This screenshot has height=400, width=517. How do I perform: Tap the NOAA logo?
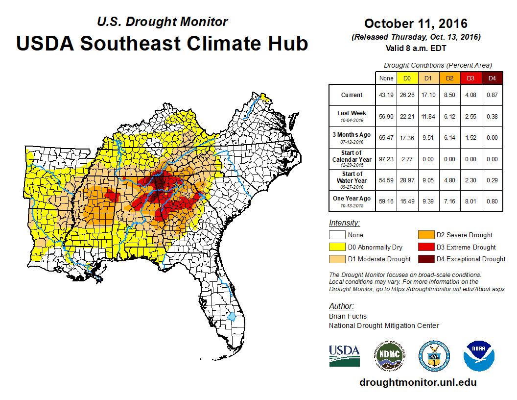coord(479,355)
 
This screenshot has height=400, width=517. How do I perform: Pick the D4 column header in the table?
coord(492,78)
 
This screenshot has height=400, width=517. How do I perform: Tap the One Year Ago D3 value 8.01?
coord(471,201)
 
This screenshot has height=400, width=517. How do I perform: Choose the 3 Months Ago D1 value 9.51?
coord(428,138)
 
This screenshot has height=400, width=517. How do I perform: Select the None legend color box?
coord(337,235)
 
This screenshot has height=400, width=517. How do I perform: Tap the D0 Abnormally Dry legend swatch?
coord(337,247)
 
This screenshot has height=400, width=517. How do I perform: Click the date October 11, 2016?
coord(416,24)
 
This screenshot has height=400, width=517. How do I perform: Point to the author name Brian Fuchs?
coord(348,316)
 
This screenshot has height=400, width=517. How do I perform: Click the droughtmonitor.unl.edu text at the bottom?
coord(418,382)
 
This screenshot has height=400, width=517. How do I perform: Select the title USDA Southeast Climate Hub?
coord(162,43)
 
